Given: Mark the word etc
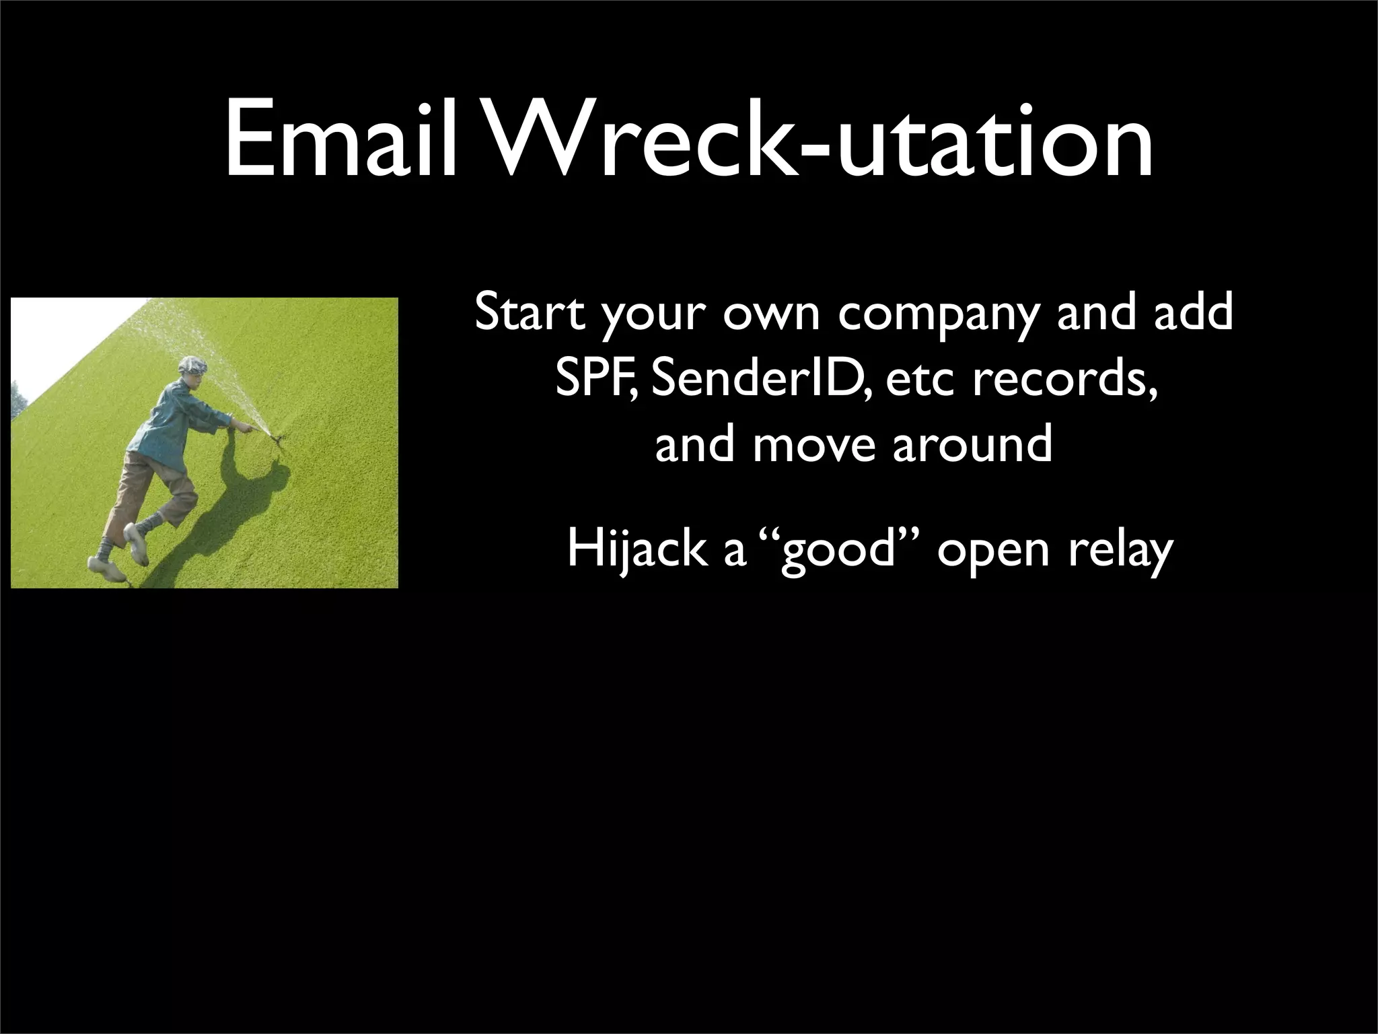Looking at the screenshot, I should tap(920, 380).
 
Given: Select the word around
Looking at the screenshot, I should tap(972, 445).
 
